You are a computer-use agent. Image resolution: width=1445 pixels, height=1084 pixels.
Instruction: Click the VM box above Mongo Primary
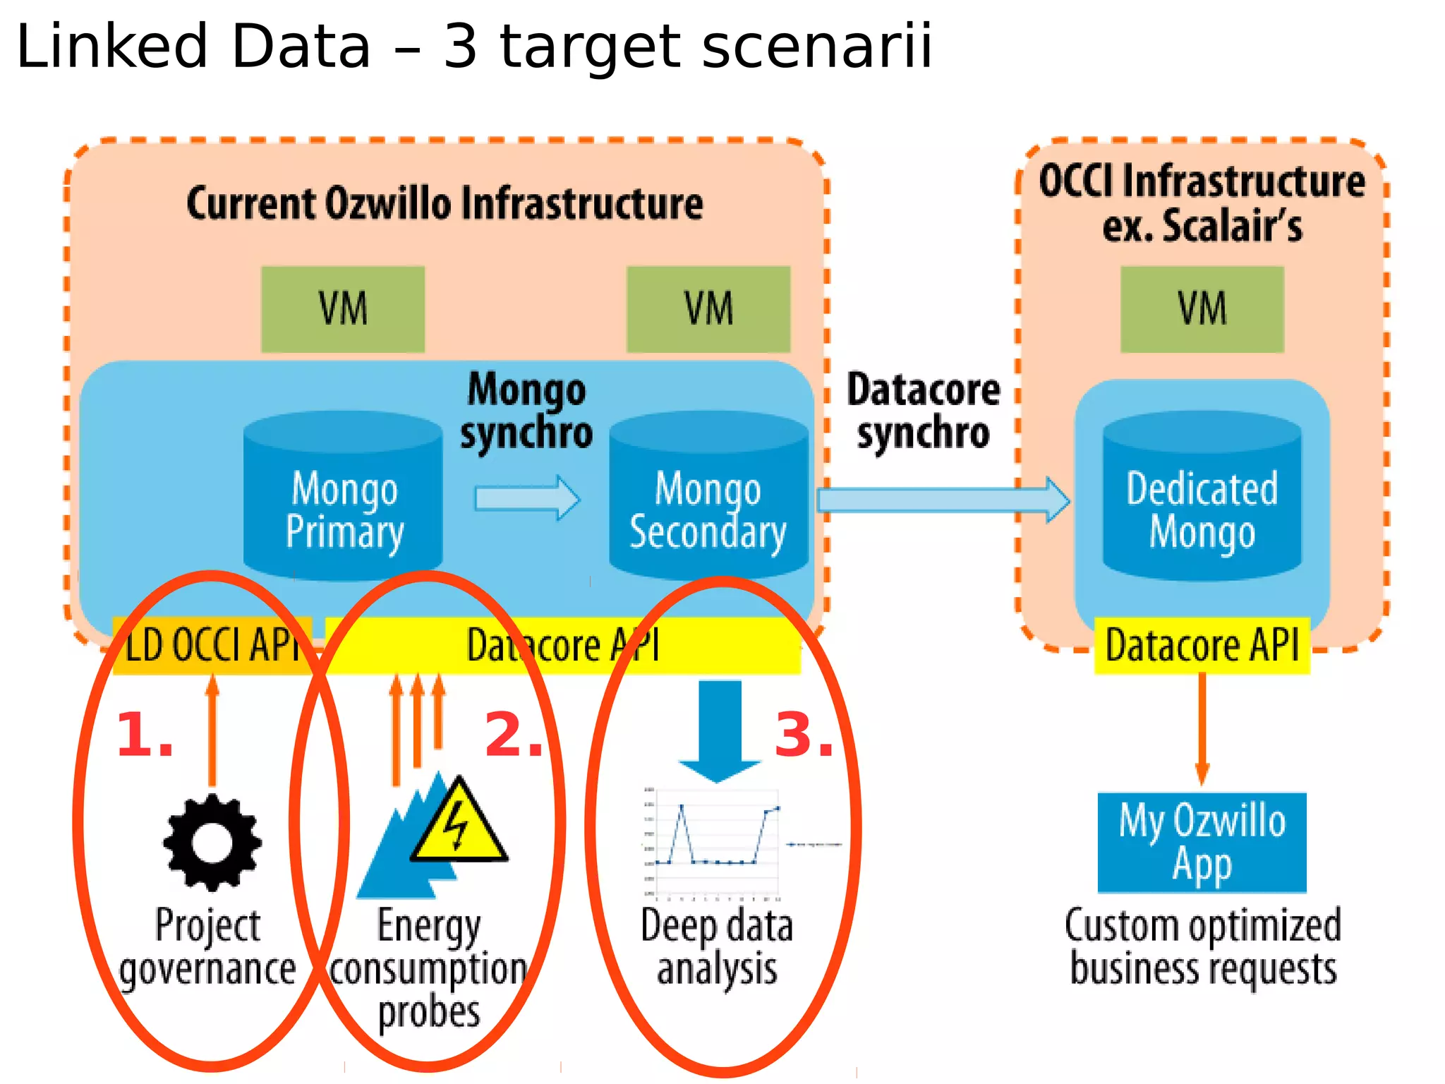tap(343, 309)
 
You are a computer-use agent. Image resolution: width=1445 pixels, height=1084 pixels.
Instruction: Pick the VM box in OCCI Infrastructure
tap(1202, 309)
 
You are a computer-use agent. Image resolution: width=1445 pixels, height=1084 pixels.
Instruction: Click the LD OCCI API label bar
tap(212, 646)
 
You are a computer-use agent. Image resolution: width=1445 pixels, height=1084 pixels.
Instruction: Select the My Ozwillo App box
tap(1202, 843)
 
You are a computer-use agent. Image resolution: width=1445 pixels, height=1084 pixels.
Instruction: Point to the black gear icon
tap(212, 841)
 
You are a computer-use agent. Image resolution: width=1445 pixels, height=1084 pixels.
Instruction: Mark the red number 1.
tap(145, 736)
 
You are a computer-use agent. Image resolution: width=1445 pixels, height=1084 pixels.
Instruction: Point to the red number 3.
tap(804, 736)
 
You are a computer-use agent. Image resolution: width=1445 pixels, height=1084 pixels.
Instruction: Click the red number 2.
tap(514, 736)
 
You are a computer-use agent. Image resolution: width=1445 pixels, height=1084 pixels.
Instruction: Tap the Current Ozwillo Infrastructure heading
tap(445, 204)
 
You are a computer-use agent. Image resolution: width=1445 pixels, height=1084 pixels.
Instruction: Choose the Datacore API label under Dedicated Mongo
tap(1202, 646)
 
